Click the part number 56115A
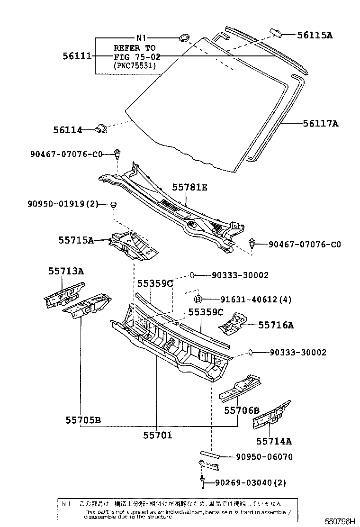click(315, 35)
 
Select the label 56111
click(77, 56)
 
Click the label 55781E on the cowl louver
click(189, 188)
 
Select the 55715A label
click(76, 240)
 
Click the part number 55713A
click(66, 271)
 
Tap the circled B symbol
click(199, 299)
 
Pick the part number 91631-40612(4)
click(256, 299)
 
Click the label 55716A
click(276, 325)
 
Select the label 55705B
click(83, 420)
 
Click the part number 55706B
click(242, 410)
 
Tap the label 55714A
click(274, 441)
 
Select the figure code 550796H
click(339, 521)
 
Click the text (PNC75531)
click(135, 65)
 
